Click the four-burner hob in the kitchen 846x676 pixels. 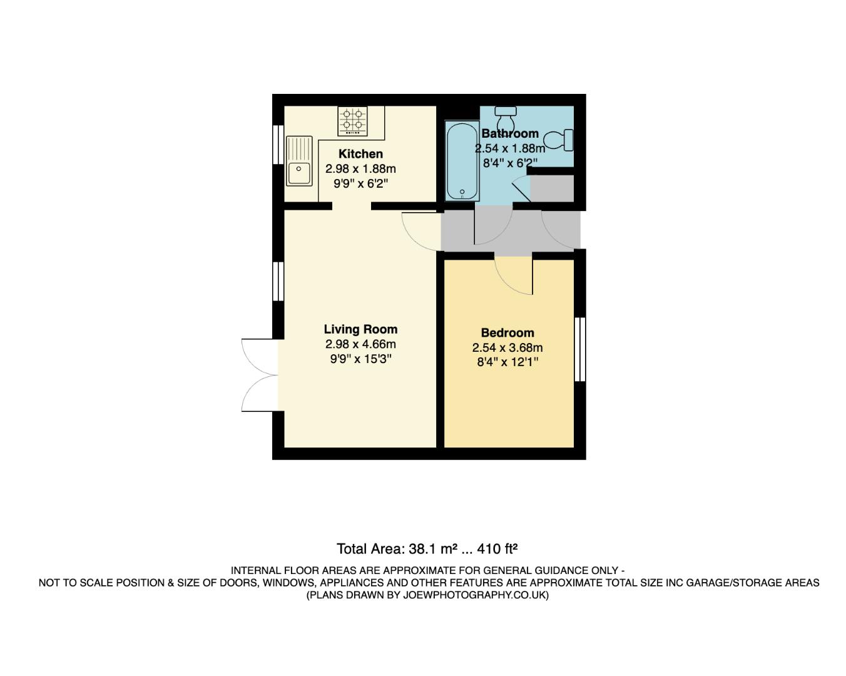click(x=352, y=121)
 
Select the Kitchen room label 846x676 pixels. click(x=360, y=154)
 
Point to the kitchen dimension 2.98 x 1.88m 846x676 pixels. click(x=360, y=169)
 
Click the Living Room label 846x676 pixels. click(x=360, y=329)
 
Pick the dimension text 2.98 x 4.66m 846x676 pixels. click(x=360, y=344)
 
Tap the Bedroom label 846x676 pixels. click(x=507, y=333)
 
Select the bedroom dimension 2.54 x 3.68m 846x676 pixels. click(x=507, y=348)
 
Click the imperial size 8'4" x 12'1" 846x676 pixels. click(x=507, y=362)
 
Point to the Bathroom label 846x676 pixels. click(x=510, y=133)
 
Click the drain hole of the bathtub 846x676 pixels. click(x=462, y=192)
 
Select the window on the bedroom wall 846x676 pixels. click(x=580, y=349)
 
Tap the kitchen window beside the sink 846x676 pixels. click(x=278, y=145)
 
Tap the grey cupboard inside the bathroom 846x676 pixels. click(x=552, y=189)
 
